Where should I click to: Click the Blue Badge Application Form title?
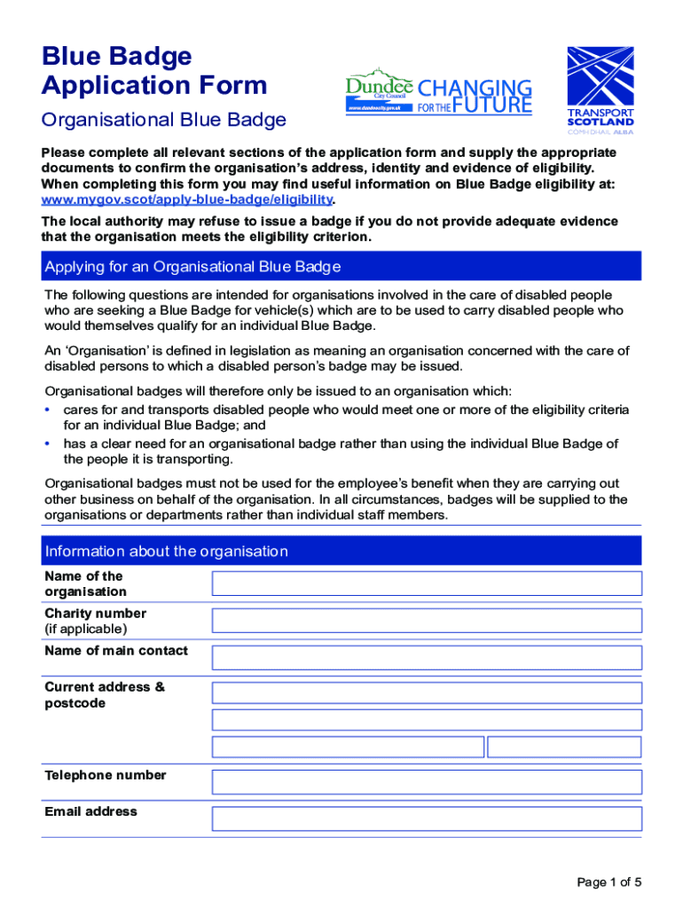[153, 71]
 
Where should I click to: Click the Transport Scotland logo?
[601, 90]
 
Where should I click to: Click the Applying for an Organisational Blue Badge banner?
[341, 267]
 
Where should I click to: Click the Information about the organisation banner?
[341, 552]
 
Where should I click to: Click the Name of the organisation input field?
[426, 583]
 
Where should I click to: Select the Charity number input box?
[426, 620]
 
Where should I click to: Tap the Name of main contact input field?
[426, 657]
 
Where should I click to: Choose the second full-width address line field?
[426, 719]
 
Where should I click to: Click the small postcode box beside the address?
[564, 747]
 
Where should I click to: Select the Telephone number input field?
[426, 782]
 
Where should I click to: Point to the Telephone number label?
[106, 775]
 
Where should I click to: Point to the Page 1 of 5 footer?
[608, 882]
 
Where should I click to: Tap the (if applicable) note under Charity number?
[86, 629]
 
